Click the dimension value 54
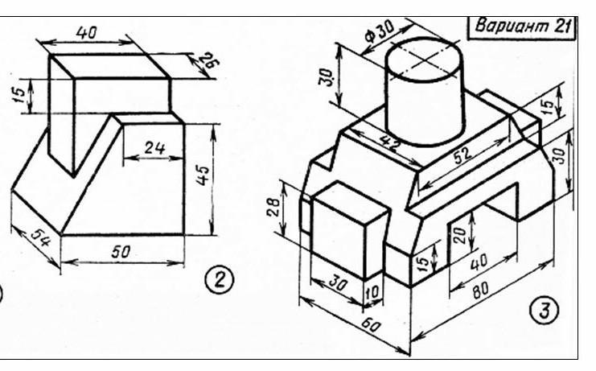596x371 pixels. [40, 238]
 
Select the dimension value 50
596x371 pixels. [121, 252]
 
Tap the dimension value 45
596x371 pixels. [203, 175]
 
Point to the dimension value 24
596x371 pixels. [155, 147]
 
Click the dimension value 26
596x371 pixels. [208, 60]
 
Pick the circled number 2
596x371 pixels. [220, 281]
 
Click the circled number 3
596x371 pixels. [545, 310]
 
